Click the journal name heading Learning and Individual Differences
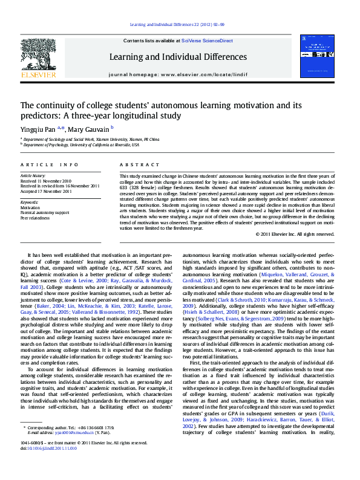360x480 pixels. coord(178,57)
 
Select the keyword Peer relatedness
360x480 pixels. coord(35,218)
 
